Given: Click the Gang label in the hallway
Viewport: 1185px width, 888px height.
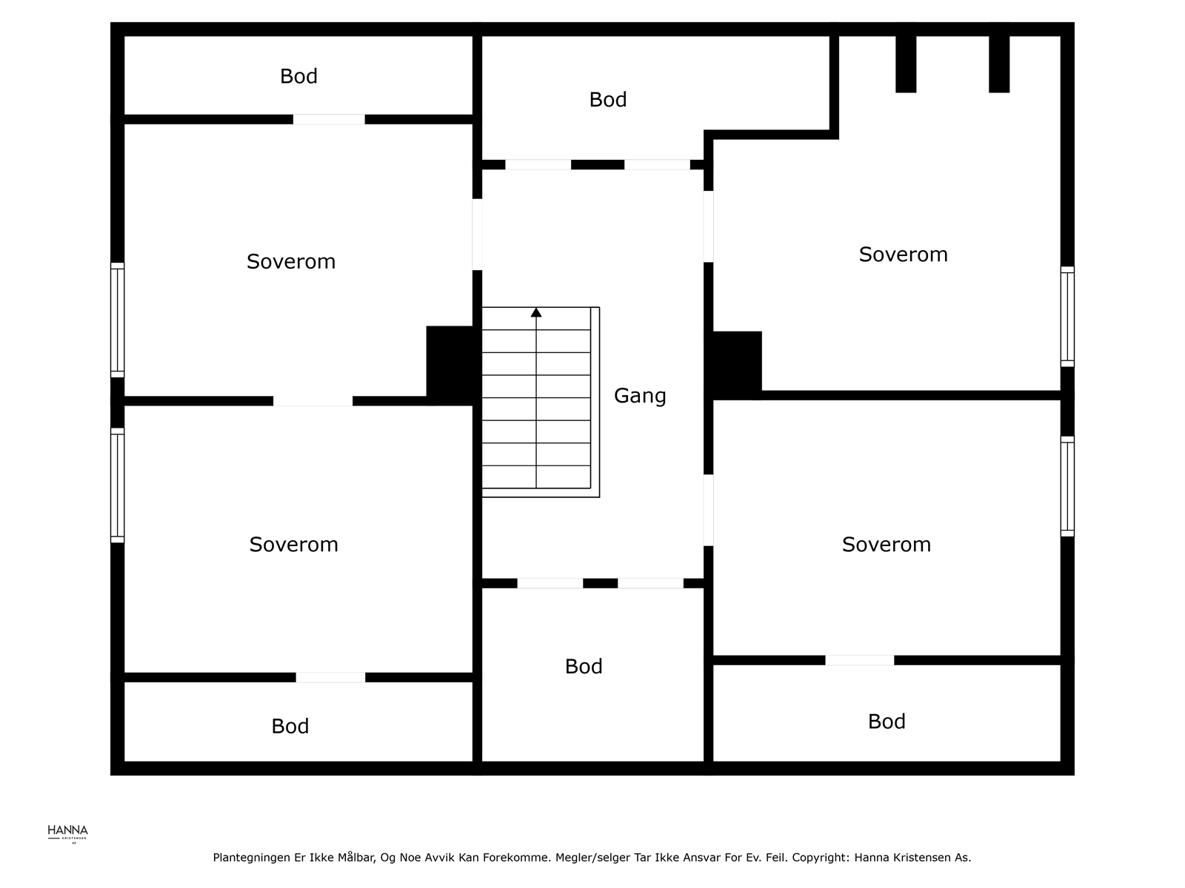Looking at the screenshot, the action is [x=640, y=397].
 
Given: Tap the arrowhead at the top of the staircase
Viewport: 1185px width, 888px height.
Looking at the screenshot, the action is [x=536, y=312].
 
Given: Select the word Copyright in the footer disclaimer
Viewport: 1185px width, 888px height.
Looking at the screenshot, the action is [x=820, y=857].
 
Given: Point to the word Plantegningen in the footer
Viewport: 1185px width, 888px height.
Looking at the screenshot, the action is [x=251, y=858].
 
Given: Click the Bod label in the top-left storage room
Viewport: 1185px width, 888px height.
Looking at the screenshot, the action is [x=298, y=76].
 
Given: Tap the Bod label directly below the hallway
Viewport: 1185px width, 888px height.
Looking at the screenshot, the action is [x=584, y=667].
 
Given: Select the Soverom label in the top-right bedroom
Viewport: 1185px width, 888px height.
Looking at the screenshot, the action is [x=903, y=255].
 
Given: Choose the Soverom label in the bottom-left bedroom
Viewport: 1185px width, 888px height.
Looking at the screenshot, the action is [x=294, y=545].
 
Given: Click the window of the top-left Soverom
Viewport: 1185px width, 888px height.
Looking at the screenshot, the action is [x=118, y=320].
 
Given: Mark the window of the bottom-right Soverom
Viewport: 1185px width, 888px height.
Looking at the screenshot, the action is [x=1067, y=486].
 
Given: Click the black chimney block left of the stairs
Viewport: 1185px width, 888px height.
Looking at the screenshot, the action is [x=453, y=365].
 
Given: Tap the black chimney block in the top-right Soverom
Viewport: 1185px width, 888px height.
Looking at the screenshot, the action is [x=736, y=365].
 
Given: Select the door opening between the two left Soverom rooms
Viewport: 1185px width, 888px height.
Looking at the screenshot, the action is [x=313, y=400].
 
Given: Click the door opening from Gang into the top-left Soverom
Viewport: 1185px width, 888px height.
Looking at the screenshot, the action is [x=477, y=234].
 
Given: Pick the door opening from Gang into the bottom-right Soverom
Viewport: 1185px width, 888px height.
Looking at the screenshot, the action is [x=708, y=510].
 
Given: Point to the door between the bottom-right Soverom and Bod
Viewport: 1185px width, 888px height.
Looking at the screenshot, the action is [x=859, y=660].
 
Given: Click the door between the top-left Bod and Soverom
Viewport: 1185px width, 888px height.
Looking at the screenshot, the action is [x=329, y=119].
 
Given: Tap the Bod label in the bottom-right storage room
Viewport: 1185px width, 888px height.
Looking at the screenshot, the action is [x=887, y=721].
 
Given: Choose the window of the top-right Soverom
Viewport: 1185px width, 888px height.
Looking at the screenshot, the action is [x=1067, y=317].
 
